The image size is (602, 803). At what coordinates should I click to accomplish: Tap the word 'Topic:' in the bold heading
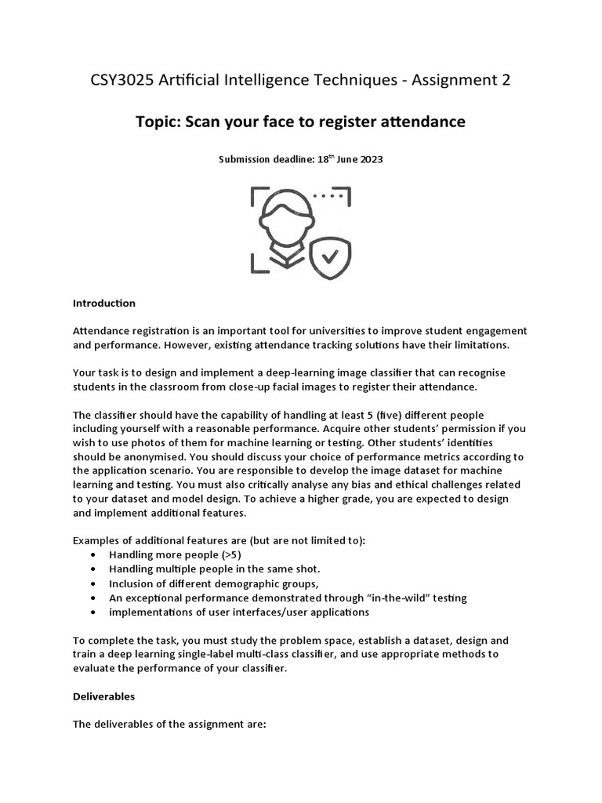coord(161,122)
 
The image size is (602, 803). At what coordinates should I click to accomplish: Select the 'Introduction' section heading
coord(104,303)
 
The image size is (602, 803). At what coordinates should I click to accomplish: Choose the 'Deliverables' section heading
coord(104,696)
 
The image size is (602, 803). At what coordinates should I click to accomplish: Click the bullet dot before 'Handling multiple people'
coord(94,569)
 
